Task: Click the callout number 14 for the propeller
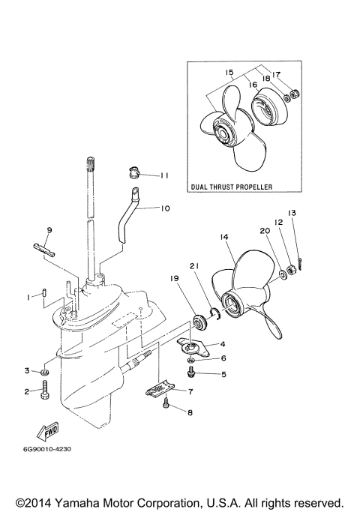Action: click(224, 238)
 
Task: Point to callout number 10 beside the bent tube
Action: click(166, 208)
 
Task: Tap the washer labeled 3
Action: click(46, 371)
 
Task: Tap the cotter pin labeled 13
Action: click(300, 261)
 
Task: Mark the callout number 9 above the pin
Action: click(49, 229)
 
